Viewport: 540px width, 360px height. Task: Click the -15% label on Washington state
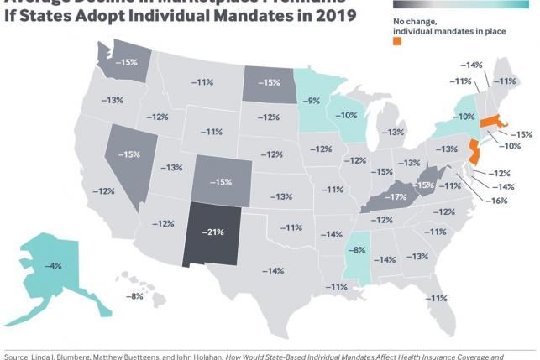128,62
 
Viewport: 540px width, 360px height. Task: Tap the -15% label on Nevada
130,154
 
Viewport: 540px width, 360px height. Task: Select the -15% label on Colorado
221,181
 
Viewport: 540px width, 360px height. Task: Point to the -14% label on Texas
273,270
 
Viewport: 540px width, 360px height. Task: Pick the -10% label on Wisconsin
347,115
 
